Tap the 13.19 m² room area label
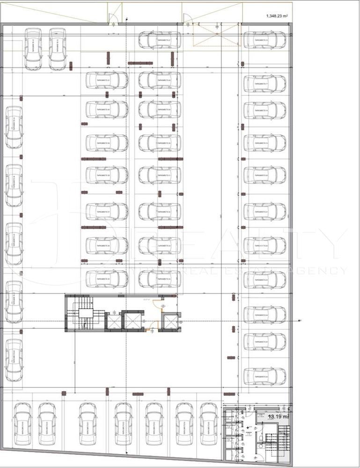(278, 416)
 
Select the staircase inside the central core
(84, 314)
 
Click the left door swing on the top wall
(113, 19)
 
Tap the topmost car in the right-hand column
(264, 40)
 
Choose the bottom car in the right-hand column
(264, 376)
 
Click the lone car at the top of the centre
(160, 40)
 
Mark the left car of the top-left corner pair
(33, 49)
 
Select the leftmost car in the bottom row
(22, 424)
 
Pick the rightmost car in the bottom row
(209, 424)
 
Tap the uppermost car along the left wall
(14, 127)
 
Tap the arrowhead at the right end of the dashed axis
(301, 320)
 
